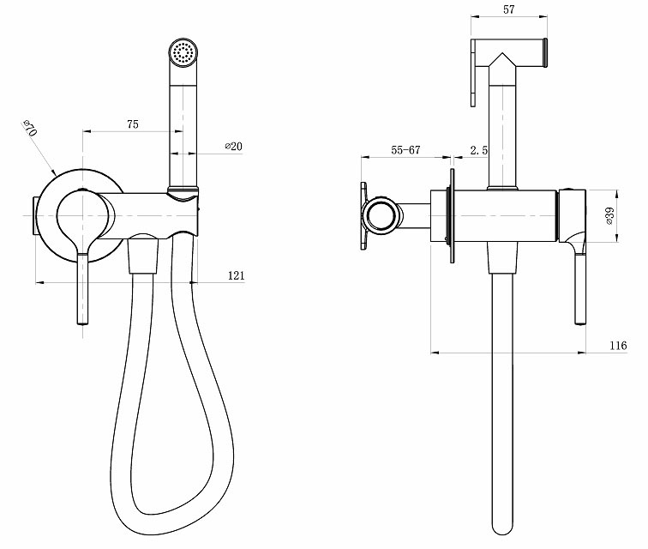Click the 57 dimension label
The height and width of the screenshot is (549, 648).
(x=509, y=9)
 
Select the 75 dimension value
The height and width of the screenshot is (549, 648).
(x=133, y=124)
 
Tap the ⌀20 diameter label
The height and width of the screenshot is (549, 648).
(x=233, y=146)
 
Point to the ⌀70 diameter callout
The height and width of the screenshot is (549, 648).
(x=30, y=129)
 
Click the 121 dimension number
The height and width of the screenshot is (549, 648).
(x=237, y=275)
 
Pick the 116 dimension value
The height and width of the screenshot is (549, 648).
(x=618, y=346)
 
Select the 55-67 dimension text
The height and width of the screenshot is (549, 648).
(x=405, y=150)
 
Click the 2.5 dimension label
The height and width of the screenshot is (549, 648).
(x=479, y=150)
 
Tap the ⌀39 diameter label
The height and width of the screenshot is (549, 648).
(x=610, y=216)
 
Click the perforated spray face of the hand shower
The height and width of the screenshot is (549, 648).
(x=183, y=53)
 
